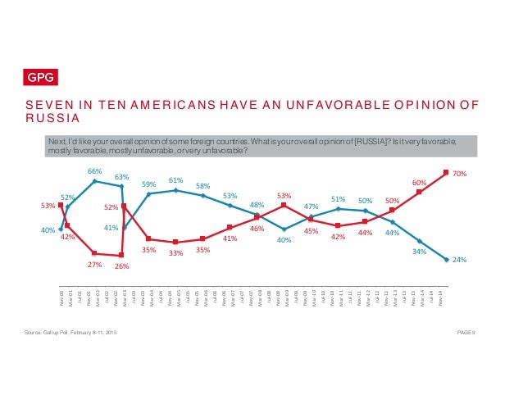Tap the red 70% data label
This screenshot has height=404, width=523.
point(460,174)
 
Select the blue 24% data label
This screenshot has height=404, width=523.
point(460,260)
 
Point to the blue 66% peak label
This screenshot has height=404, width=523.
point(94,170)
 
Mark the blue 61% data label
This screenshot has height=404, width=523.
point(175,179)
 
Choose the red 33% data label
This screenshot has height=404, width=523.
point(175,253)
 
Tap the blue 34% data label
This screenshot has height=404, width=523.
point(418,252)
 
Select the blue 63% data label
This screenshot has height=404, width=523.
point(121,176)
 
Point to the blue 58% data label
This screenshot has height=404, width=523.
point(202,185)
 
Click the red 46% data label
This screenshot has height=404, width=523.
point(256,229)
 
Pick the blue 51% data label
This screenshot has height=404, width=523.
point(337,199)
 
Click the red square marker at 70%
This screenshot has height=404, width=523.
point(445,172)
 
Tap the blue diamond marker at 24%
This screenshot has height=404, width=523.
point(445,261)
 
